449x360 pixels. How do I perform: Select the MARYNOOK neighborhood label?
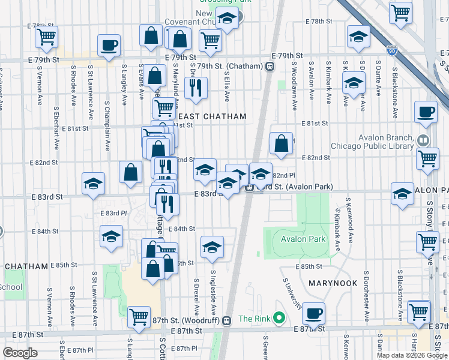[x=333, y=283]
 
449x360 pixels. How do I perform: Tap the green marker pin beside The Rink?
[x=278, y=317]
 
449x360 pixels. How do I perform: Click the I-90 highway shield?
[x=391, y=51]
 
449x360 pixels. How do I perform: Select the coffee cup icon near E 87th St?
[x=313, y=313]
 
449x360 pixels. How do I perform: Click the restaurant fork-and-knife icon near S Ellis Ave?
[x=196, y=88]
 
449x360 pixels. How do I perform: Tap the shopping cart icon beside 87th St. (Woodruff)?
[x=139, y=316]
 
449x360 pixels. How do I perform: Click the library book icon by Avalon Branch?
[x=423, y=141]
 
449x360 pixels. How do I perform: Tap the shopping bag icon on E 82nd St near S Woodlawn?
[x=282, y=143]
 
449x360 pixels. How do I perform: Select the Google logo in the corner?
[x=20, y=353]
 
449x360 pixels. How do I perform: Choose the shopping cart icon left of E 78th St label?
[x=46, y=37]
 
